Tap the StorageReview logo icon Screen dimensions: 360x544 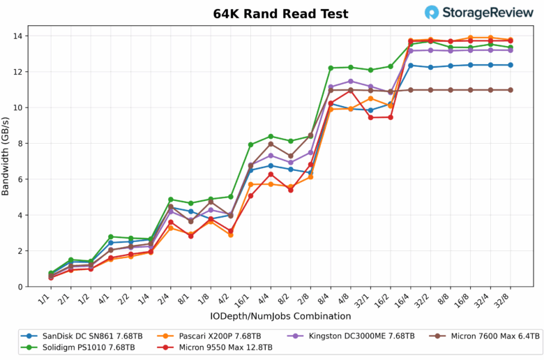pyautogui.click(x=433, y=13)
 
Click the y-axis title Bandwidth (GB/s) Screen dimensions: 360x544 pyautogui.click(x=6, y=156)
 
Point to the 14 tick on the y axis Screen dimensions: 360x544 pyautogui.click(x=19, y=36)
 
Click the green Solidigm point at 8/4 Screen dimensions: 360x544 pyautogui.click(x=331, y=68)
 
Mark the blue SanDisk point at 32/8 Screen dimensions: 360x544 pyautogui.click(x=511, y=65)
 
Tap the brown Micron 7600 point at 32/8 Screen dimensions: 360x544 pyautogui.click(x=511, y=90)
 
